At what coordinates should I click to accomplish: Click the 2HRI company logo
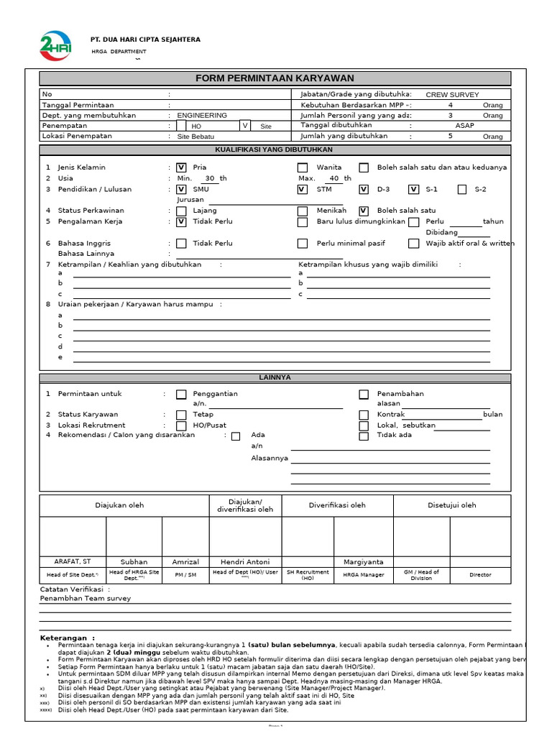point(55,45)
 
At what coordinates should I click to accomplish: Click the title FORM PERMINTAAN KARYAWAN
point(275,78)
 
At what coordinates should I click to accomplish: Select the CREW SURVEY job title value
point(452,94)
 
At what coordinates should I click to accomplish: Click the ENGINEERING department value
point(202,115)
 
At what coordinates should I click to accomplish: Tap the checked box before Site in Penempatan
point(245,126)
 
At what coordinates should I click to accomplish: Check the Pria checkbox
point(181,167)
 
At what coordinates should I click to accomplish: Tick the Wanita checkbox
point(303,167)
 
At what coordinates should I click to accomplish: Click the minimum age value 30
point(210,178)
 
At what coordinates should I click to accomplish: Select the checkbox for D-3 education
point(364,189)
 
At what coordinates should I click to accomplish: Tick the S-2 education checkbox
point(461,189)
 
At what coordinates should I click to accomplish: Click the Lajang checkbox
point(181,211)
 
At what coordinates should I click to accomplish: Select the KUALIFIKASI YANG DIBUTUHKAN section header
point(275,149)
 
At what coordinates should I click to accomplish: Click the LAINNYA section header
point(275,377)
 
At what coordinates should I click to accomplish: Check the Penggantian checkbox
point(181,394)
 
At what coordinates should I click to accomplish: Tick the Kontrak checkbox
point(364,415)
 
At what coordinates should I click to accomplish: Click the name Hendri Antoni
point(245,561)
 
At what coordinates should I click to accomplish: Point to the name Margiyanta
point(364,561)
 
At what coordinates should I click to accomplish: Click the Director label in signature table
point(480,574)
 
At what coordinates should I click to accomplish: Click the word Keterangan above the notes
point(67,638)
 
